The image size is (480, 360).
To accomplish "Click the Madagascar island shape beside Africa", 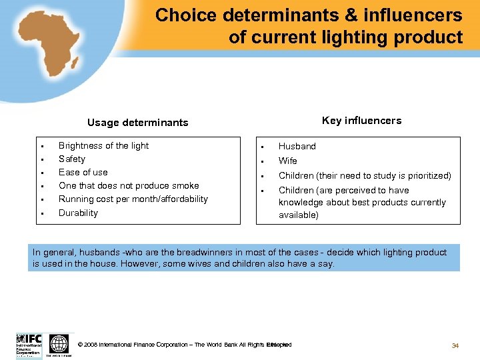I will (76, 63).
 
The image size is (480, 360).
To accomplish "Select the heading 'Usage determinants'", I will (137, 123).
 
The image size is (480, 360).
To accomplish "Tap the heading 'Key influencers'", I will (361, 121).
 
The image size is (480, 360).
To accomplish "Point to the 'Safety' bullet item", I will (72, 159).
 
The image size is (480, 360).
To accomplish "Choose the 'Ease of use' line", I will (83, 173).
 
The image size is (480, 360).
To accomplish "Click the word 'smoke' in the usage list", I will (185, 186).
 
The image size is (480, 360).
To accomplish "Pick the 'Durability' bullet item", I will (78, 213).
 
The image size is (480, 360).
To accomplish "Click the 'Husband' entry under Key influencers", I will (297, 147).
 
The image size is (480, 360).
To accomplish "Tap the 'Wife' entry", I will (288, 161).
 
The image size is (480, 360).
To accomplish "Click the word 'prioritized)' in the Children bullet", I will (427, 176).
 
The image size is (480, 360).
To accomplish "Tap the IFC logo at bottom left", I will (29, 345).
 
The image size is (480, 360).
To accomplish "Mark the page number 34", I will (455, 345).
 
